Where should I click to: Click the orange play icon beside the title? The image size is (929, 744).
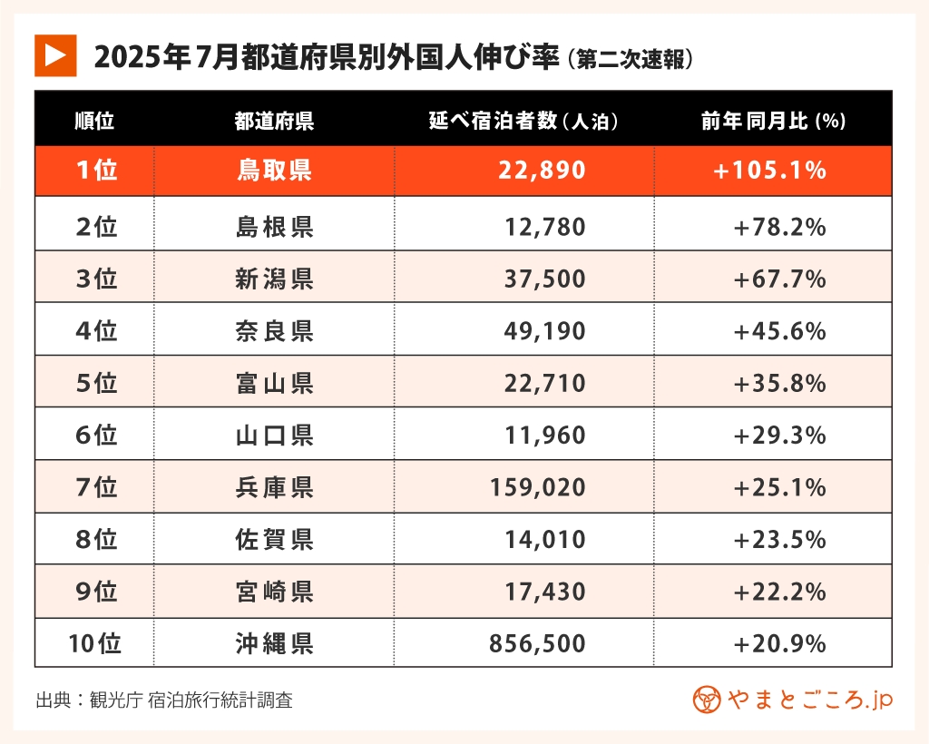[54, 57]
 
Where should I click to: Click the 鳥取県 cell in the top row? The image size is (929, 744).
[274, 171]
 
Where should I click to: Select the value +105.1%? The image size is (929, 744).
[770, 171]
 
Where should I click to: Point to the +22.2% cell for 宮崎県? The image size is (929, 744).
[779, 592]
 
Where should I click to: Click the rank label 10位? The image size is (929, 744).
[94, 644]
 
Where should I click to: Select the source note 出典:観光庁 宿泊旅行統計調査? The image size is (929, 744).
[164, 700]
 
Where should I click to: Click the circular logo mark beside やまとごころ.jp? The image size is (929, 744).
[707, 700]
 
